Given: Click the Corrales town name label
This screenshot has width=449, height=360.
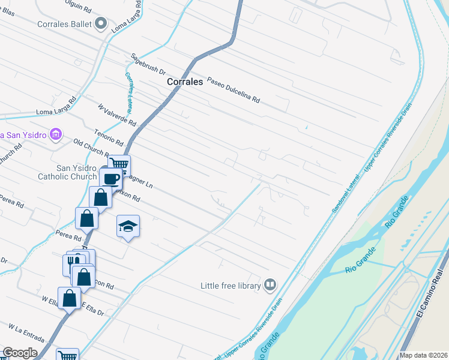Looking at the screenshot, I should pos(185,82).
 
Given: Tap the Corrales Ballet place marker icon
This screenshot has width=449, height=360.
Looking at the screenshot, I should pos(101,24).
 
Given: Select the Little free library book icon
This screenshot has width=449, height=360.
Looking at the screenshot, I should pos(271,285).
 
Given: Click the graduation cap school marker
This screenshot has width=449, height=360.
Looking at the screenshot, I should pos(128,226).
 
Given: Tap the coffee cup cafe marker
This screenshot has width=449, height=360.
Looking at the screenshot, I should pos(112,178).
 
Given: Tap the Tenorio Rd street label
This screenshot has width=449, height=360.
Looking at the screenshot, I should pos(109,138).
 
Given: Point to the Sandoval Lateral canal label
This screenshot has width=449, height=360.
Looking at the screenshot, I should pos(346,192).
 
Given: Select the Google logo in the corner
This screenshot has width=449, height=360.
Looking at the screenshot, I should pos(20,353).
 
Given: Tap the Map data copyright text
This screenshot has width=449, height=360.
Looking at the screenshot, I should pos(423,355).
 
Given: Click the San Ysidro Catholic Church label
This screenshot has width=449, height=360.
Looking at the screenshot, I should pos(67,172).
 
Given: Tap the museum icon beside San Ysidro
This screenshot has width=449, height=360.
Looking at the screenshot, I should pos(56,134).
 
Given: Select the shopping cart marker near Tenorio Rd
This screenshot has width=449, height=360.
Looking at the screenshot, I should pos(119,163).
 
